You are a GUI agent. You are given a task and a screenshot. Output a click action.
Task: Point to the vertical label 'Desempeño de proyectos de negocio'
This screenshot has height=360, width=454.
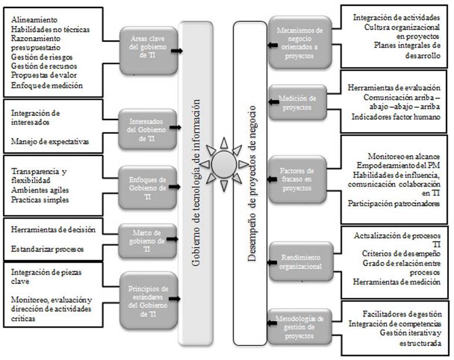tap(251, 180)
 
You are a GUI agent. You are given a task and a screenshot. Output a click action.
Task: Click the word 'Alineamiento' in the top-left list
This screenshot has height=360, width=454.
tap(34, 19)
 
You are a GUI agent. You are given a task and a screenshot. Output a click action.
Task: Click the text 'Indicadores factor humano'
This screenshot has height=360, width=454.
tap(394, 117)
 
